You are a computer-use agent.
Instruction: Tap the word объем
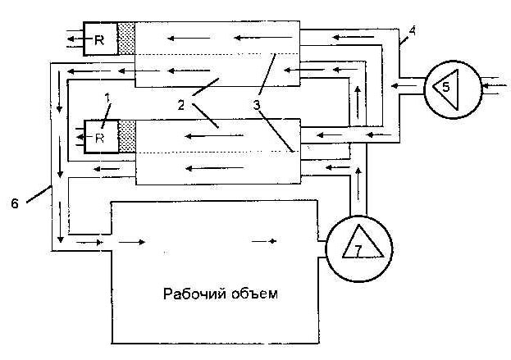257,293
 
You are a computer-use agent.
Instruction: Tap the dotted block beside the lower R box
127,138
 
